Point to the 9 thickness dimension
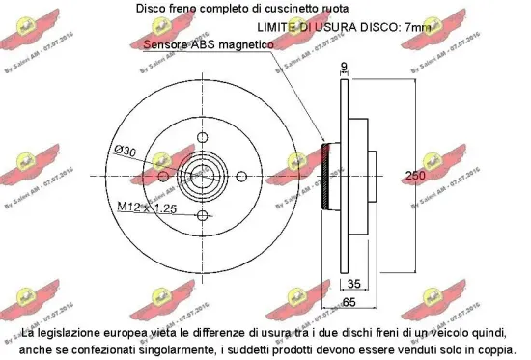pos(346,68)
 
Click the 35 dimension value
pos(354,283)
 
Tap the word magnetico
pos(246,44)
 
